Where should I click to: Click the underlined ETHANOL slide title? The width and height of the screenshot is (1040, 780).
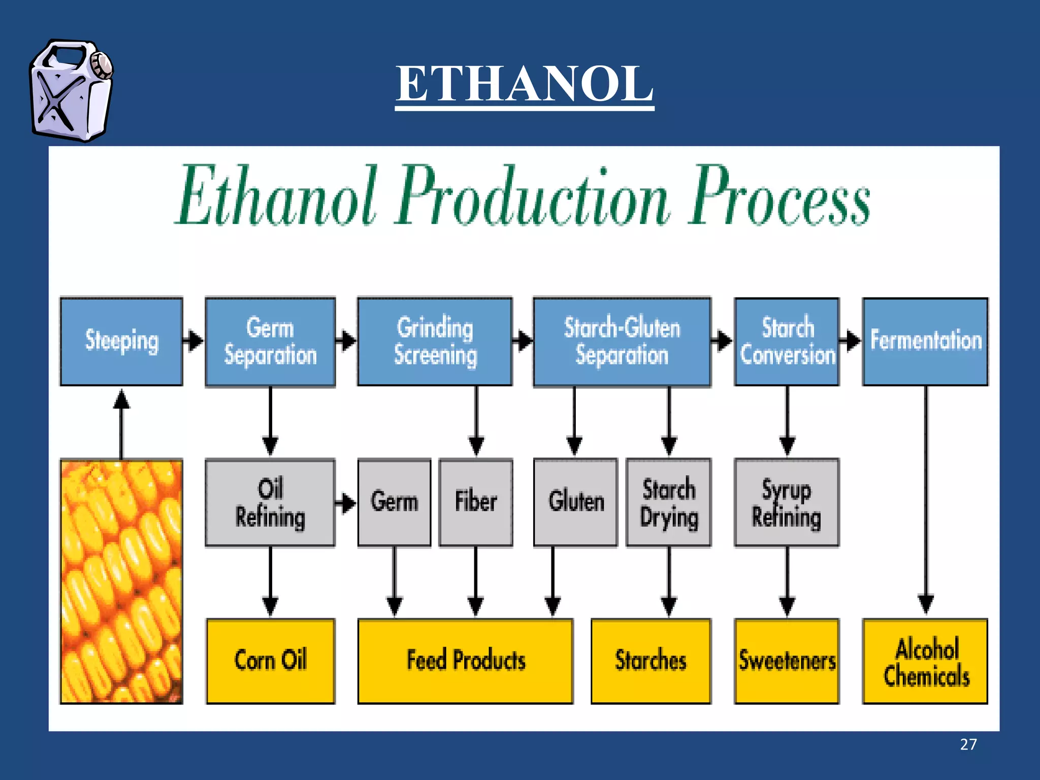point(524,84)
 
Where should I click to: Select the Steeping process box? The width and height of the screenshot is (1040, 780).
point(121,341)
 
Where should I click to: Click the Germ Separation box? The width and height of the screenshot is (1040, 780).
point(270,341)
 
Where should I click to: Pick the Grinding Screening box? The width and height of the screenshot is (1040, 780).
point(435,341)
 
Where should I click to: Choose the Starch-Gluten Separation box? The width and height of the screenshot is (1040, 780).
point(622,341)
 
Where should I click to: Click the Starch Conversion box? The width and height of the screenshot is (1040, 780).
point(787,341)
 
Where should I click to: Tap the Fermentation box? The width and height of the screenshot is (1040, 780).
point(925,341)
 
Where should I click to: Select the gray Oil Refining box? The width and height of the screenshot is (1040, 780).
point(270,503)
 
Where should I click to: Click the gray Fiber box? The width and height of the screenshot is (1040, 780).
point(475,503)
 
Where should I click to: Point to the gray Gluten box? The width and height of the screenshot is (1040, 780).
point(575,503)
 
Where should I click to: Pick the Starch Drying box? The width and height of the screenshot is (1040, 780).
point(668,503)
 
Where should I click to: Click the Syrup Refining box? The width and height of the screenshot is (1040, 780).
point(787,503)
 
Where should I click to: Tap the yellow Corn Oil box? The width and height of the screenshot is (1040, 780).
point(270,661)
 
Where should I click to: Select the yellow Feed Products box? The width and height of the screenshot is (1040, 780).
point(465,661)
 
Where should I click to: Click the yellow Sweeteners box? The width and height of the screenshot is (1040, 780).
point(787,661)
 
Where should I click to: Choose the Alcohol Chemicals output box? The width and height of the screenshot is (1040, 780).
point(925,661)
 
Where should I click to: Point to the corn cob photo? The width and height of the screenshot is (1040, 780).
point(121,581)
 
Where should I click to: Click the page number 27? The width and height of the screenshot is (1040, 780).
point(968,744)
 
